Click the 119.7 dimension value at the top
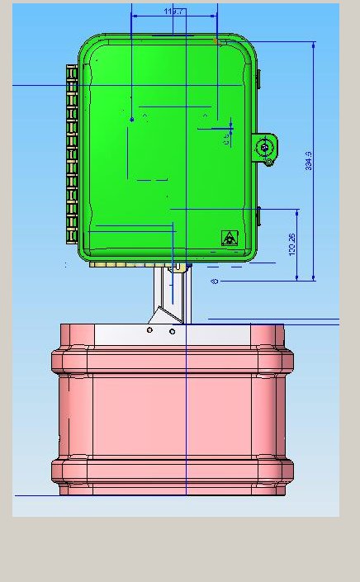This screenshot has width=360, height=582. [174, 12]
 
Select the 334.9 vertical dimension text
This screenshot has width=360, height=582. [309, 160]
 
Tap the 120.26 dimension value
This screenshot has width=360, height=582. [292, 244]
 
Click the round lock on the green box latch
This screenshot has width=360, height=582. [265, 148]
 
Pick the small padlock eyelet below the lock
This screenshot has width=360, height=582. [268, 163]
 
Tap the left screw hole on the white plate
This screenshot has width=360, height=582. [149, 330]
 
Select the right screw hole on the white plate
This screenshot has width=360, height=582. [172, 331]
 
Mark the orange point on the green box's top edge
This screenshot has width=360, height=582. [216, 40]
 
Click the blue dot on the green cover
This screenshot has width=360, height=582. [132, 120]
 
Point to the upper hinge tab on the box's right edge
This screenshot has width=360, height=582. [258, 78]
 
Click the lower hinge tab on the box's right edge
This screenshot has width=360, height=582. [258, 218]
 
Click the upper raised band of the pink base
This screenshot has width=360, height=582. [172, 361]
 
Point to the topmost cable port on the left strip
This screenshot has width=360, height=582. [72, 73]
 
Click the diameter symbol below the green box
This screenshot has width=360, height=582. [215, 282]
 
